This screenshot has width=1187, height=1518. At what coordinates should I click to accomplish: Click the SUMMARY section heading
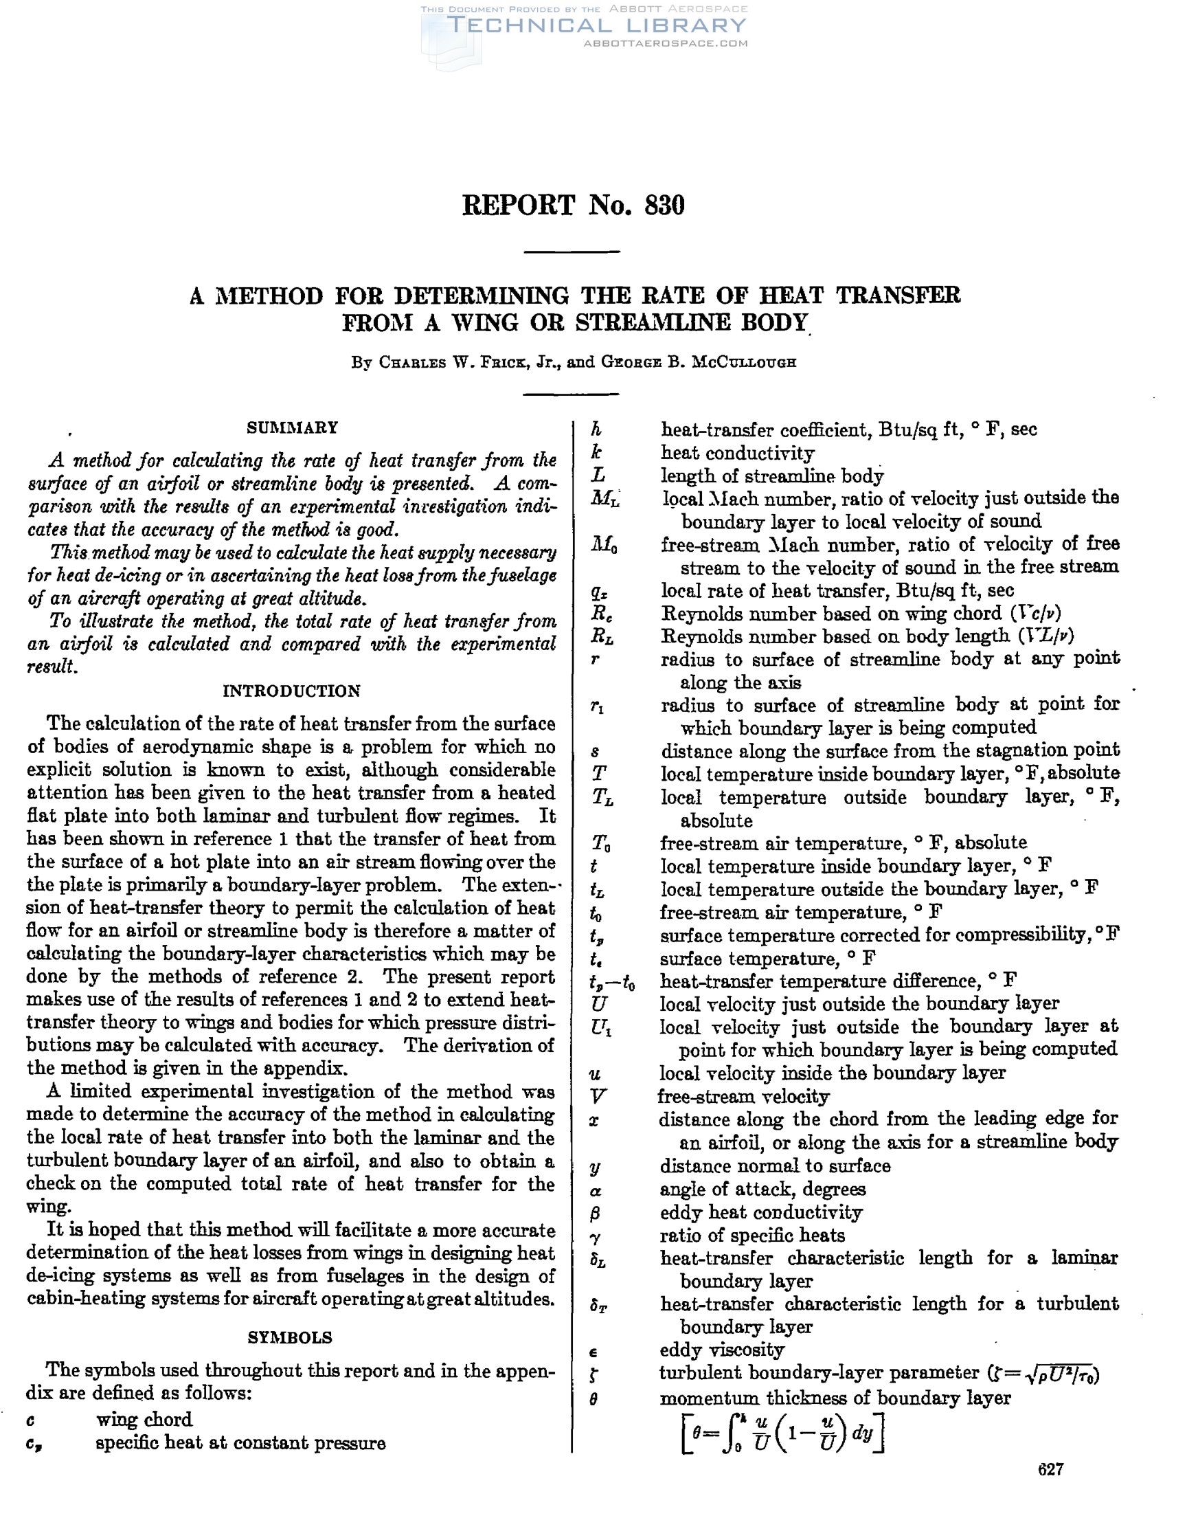pos(292,427)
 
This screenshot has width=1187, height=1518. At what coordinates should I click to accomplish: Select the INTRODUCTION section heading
pos(291,691)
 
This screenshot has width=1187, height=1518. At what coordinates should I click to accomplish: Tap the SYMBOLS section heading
pos(290,1337)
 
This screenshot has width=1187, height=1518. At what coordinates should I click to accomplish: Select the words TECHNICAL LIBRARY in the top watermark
pos(597,25)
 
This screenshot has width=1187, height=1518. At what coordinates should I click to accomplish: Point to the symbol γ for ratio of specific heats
pos(596,1237)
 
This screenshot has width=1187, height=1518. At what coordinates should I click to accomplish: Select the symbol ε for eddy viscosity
pos(594,1352)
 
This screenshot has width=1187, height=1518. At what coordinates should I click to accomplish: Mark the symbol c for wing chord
pos(32,1420)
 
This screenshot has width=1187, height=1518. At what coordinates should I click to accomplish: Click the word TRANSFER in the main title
pos(898,296)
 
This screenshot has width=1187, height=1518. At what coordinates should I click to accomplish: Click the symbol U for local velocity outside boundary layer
pos(597,1005)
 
